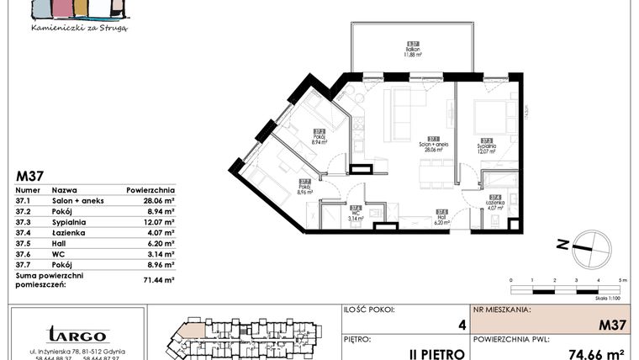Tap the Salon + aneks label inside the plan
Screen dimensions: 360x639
433,145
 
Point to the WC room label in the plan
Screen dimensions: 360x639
356,213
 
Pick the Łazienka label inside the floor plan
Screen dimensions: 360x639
495,201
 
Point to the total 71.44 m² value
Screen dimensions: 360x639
157,279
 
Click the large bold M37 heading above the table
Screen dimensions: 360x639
31,176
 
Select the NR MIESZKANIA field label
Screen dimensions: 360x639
501,310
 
